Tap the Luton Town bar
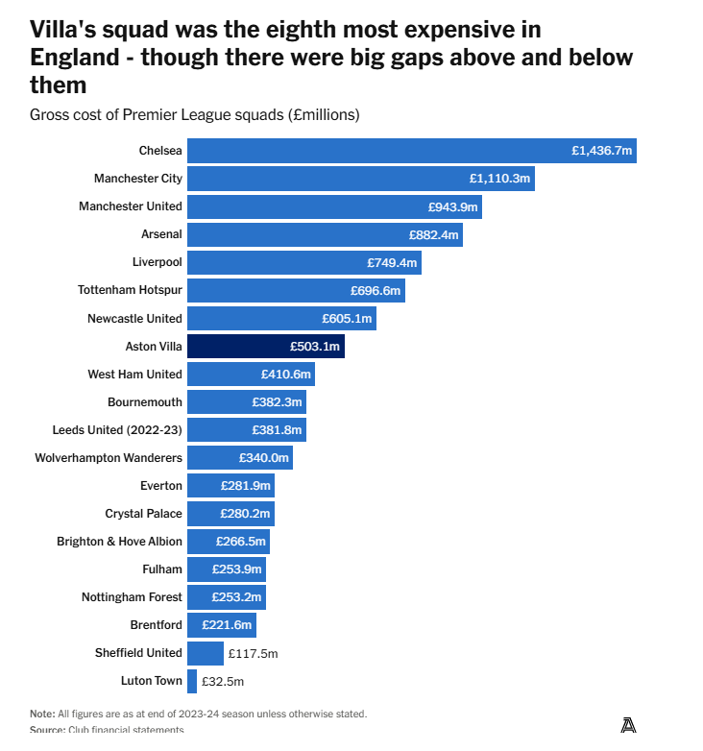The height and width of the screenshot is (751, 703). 192,681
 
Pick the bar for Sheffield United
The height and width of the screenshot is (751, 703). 205,653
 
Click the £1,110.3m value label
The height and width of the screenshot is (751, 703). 499,179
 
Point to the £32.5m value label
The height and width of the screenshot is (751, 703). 223,681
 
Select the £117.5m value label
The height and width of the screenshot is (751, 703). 253,653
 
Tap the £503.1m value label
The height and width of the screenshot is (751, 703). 314,346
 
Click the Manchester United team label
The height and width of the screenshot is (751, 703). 130,206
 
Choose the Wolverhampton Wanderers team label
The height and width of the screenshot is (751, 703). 109,458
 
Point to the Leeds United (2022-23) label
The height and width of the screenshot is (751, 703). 117,430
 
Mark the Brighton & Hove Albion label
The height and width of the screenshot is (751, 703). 119,542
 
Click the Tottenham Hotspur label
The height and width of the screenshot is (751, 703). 130,290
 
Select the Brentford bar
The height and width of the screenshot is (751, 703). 221,625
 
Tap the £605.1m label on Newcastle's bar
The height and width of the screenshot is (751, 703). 347,318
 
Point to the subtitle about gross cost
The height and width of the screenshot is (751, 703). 194,115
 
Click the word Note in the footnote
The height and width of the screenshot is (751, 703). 41,714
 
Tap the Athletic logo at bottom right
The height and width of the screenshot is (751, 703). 628,725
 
